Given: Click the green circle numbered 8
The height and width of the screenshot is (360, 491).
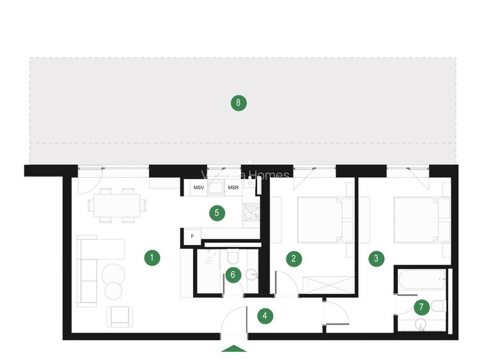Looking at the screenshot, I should [238, 102].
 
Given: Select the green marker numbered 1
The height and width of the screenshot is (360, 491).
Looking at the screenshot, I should [152, 258].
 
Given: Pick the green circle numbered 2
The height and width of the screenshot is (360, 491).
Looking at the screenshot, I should [293, 258].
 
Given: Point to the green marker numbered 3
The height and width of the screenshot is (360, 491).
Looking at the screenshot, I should [377, 258].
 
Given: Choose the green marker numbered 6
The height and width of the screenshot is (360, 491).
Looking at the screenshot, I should [233, 275].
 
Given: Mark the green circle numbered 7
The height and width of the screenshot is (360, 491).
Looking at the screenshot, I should [421, 307].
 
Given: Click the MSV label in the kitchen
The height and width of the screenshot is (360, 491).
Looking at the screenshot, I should [199, 188].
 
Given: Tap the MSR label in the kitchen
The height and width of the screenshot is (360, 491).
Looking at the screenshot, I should [233, 188].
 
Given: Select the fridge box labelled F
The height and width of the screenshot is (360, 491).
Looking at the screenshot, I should [191, 237].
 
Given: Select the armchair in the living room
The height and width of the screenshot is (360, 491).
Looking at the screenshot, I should [120, 315].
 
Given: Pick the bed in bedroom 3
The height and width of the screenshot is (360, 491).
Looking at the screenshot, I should [417, 219].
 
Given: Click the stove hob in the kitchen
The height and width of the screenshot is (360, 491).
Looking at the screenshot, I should [251, 212].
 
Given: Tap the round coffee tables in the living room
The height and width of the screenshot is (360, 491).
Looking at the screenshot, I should [113, 280].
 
